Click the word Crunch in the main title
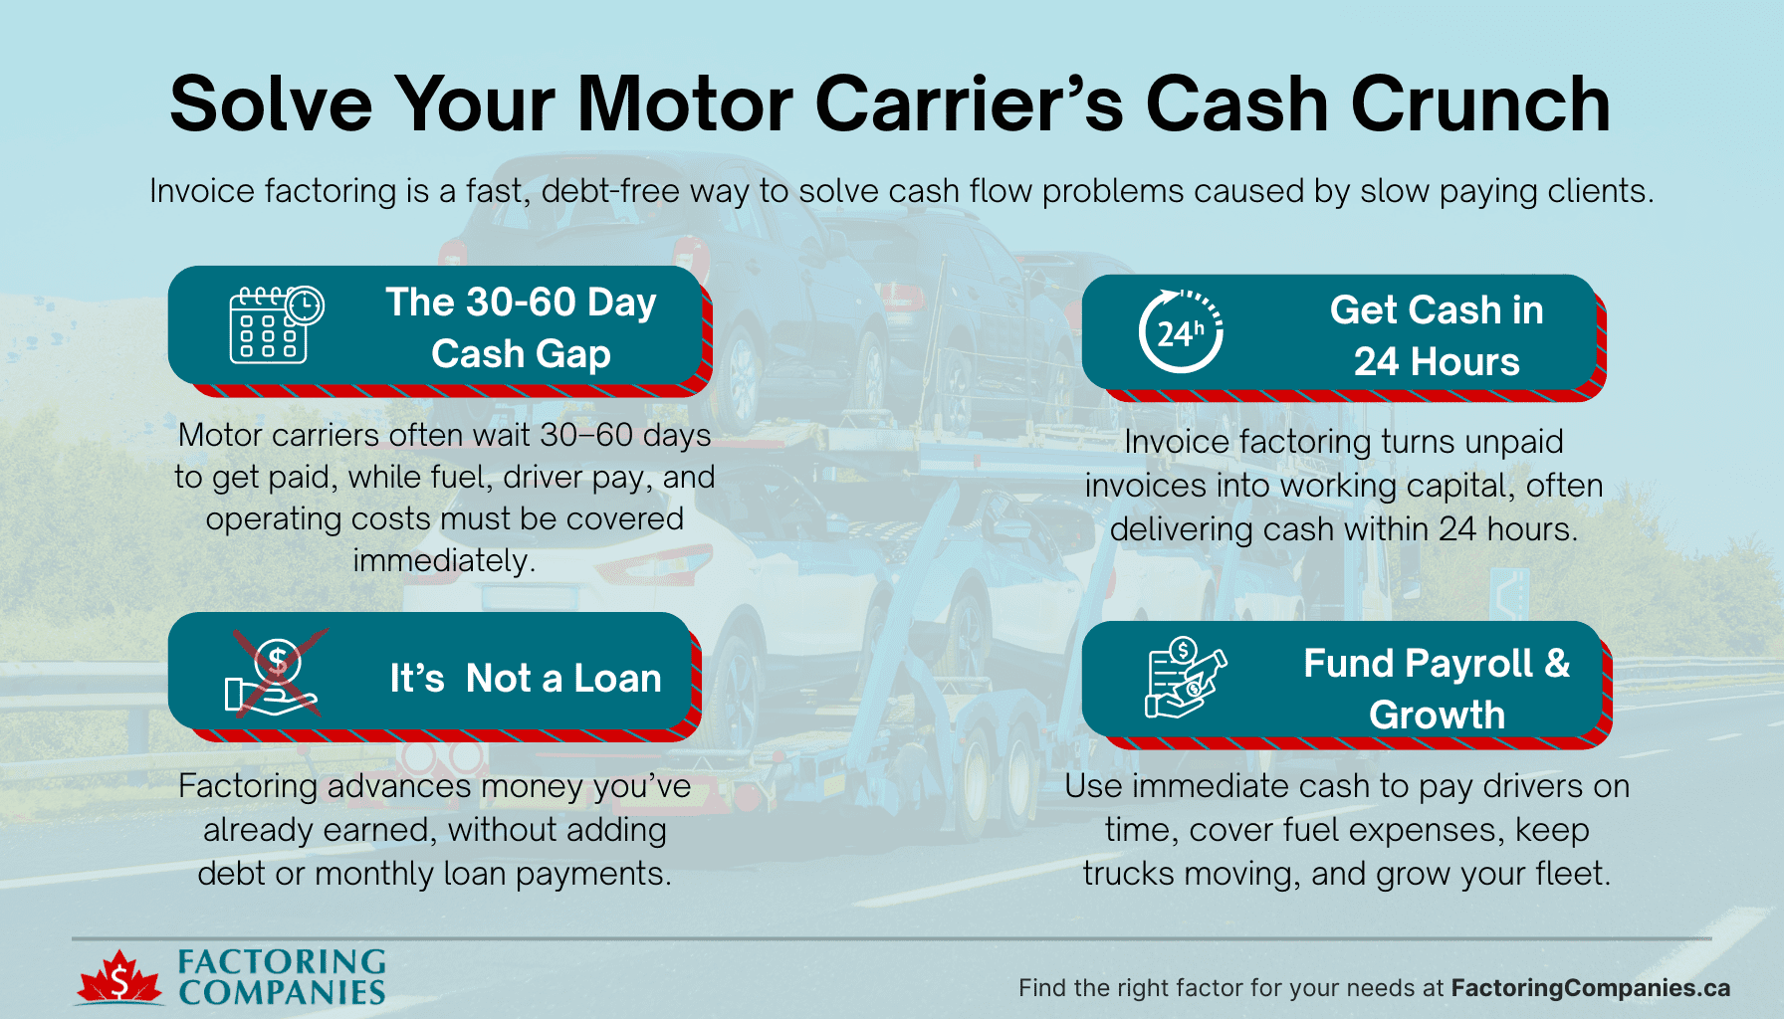[x=1479, y=104]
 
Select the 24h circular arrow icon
[x=1181, y=331]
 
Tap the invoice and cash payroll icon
[x=1185, y=678]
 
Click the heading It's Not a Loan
[x=526, y=679]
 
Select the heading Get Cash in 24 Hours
[x=1436, y=336]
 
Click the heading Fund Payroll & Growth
[x=1436, y=689]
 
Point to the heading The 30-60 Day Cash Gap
[x=521, y=328]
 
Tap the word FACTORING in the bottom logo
[x=282, y=961]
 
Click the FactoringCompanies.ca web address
[x=1590, y=988]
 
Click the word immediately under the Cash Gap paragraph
[x=444, y=561]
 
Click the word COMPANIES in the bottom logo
[x=282, y=992]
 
